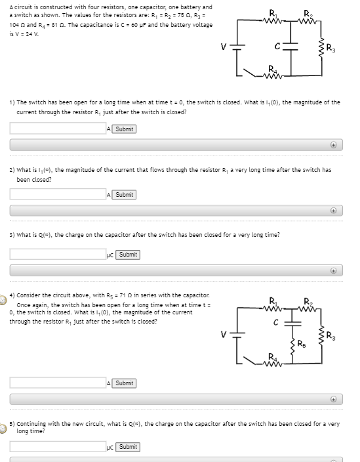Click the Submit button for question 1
(124, 129)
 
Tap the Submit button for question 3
(128, 255)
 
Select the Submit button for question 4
(124, 383)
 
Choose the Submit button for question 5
(128, 447)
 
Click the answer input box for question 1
(58, 128)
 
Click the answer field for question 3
(58, 254)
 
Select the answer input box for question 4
(58, 383)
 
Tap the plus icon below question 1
(333, 145)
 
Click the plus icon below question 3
(333, 271)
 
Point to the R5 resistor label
(302, 344)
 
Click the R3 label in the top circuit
(331, 49)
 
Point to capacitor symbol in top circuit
(290, 46)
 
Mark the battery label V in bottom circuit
(224, 335)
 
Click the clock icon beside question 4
(3, 300)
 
